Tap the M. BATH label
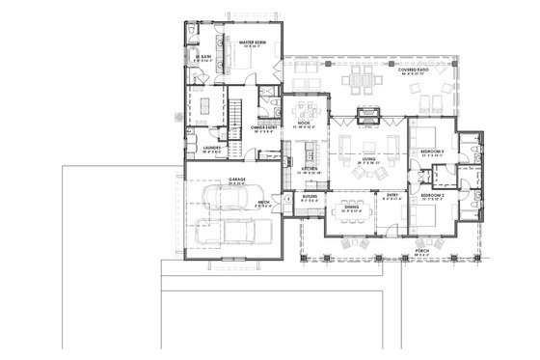[203, 57]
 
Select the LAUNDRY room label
[213, 148]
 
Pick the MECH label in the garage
[262, 202]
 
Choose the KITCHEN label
[310, 169]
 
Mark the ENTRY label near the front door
[392, 196]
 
